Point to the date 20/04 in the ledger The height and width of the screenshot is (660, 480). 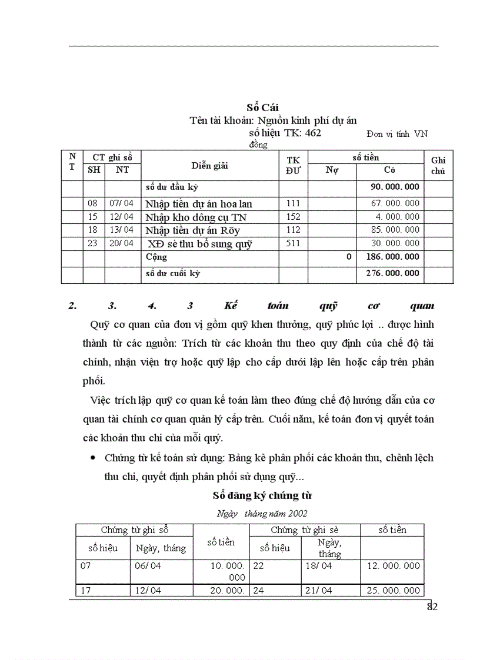click(x=122, y=243)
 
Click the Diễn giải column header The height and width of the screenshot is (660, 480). click(x=209, y=166)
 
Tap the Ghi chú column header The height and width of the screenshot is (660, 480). click(x=438, y=166)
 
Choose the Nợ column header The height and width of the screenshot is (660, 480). click(x=332, y=170)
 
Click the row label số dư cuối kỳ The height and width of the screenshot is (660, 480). click(x=174, y=273)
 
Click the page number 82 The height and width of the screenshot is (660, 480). click(x=432, y=607)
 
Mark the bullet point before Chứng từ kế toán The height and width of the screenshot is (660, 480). click(x=92, y=458)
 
